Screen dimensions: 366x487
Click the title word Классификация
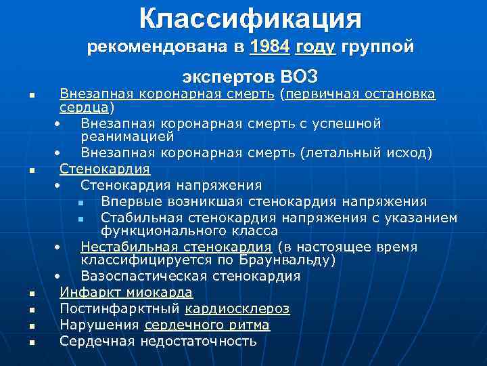click(250, 18)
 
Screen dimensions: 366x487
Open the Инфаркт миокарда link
click(126, 292)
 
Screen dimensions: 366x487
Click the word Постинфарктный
click(119, 308)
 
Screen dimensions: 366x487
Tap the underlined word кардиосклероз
click(237, 308)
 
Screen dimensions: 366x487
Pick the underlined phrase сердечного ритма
click(207, 325)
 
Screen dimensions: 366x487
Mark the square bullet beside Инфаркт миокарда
click(31, 293)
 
